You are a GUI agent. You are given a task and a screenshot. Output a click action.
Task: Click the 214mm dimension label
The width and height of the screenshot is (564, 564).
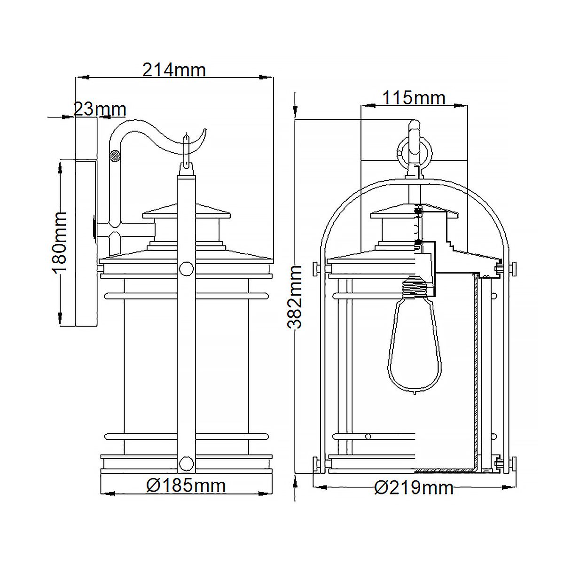click(x=174, y=70)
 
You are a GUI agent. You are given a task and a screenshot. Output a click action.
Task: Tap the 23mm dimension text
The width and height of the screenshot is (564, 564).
click(x=100, y=110)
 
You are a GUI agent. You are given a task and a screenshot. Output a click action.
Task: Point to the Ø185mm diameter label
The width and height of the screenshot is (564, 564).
click(x=186, y=485)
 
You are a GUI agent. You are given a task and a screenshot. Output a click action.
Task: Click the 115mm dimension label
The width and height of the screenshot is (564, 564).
click(x=413, y=98)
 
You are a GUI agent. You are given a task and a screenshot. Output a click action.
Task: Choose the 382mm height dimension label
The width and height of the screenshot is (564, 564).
click(x=295, y=296)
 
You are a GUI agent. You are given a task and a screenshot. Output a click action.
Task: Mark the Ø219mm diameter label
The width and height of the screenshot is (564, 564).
click(x=414, y=488)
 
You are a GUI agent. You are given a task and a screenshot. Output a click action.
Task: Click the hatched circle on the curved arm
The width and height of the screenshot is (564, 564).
click(x=114, y=155)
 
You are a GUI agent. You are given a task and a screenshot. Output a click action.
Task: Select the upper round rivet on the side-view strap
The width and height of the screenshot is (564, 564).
click(x=187, y=269)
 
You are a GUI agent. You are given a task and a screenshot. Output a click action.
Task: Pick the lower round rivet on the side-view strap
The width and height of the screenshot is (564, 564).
click(x=187, y=464)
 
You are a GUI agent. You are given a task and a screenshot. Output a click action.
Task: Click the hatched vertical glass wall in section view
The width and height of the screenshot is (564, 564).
click(x=477, y=371)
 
